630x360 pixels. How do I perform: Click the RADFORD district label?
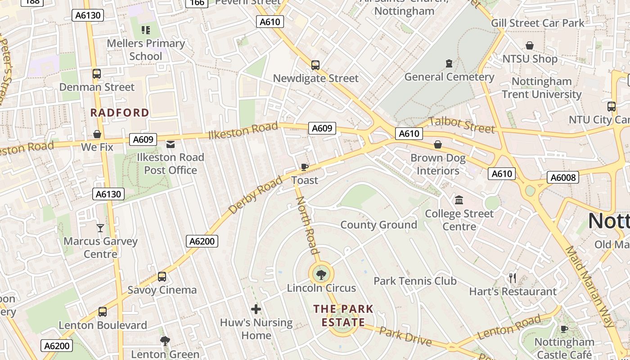pyautogui.click(x=120, y=112)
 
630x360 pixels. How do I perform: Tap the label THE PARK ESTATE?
pyautogui.click(x=343, y=315)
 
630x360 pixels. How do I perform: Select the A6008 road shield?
pyautogui.click(x=563, y=177)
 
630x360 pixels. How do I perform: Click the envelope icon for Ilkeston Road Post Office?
pyautogui.click(x=171, y=144)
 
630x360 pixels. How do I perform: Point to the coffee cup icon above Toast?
pyautogui.click(x=305, y=167)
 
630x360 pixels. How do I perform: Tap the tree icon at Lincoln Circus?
pyautogui.click(x=321, y=274)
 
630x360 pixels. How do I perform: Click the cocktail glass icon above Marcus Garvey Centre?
pyautogui.click(x=100, y=228)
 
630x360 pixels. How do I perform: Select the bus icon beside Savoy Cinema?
pyautogui.click(x=162, y=277)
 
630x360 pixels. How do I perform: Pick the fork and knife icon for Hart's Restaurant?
pyautogui.click(x=513, y=278)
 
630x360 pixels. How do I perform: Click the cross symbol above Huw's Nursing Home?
pyautogui.click(x=256, y=309)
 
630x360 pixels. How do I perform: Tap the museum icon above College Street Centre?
pyautogui.click(x=459, y=200)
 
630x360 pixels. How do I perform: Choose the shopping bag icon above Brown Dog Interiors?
pyautogui.click(x=438, y=144)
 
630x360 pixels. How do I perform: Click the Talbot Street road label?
pyautogui.click(x=462, y=125)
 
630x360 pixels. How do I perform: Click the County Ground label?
pyautogui.click(x=378, y=225)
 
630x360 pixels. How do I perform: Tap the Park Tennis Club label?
pyautogui.click(x=415, y=281)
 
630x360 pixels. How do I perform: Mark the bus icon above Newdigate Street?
pyautogui.click(x=315, y=65)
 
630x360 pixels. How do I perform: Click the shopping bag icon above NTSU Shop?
pyautogui.click(x=530, y=45)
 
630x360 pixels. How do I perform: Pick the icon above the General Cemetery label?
pyautogui.click(x=449, y=63)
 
